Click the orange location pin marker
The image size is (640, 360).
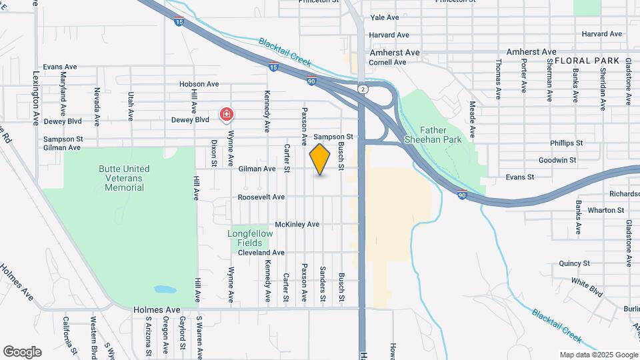click(x=320, y=159)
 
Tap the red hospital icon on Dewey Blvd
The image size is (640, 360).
click(x=227, y=115)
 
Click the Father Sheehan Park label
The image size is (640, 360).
click(x=441, y=135)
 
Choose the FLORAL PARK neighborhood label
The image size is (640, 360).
click(x=582, y=61)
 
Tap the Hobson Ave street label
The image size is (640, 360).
click(x=199, y=85)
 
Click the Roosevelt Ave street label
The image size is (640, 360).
click(x=261, y=197)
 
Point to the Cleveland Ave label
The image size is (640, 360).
click(x=261, y=253)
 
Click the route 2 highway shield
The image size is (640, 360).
click(x=362, y=89)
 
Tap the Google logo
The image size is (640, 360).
click(x=22, y=352)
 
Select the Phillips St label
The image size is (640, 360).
click(x=567, y=143)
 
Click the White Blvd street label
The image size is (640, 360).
click(x=587, y=288)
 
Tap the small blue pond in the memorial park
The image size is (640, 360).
click(x=165, y=290)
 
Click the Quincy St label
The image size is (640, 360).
click(x=575, y=263)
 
